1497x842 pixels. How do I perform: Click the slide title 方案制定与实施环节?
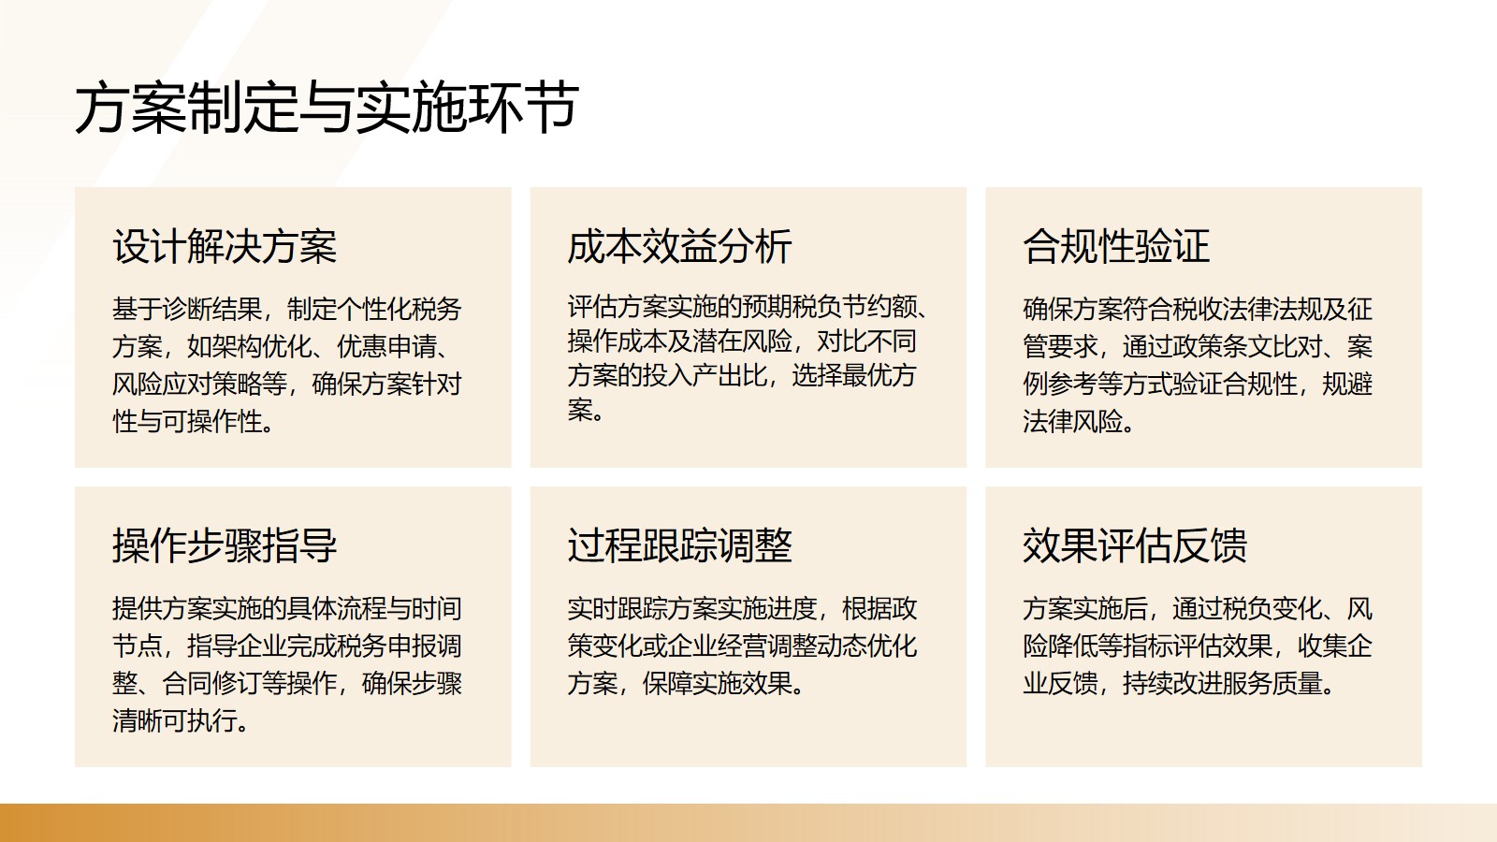click(327, 108)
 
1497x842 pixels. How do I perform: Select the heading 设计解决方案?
click(225, 247)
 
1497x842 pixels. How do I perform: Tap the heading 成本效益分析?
click(679, 247)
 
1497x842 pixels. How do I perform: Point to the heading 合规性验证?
click(1116, 247)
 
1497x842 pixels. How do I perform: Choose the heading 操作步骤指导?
click(225, 546)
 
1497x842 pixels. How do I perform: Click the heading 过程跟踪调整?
click(679, 546)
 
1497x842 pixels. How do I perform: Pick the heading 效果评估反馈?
click(1135, 546)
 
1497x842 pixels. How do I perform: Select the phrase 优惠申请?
click(387, 347)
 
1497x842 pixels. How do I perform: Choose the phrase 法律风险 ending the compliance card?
click(1072, 422)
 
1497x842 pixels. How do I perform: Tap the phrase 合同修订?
click(211, 684)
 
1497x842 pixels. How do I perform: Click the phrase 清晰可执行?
click(174, 721)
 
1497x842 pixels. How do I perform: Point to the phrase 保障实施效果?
click(717, 684)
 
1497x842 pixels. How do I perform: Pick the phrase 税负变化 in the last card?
click(1272, 609)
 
